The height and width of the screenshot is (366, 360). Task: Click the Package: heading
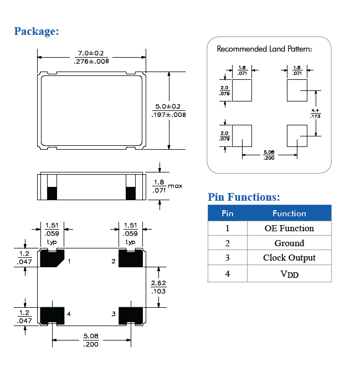37,31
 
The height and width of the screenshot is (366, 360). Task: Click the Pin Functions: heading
244,197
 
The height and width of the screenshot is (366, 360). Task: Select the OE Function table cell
289,228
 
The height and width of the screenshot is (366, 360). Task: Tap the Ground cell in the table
289,243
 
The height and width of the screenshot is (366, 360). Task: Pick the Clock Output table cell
289,258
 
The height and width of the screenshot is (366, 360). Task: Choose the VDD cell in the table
289,273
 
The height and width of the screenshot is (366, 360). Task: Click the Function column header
289,213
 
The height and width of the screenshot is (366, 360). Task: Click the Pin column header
227,213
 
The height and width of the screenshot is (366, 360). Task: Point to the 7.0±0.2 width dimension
91,53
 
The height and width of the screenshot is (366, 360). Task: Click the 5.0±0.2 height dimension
168,106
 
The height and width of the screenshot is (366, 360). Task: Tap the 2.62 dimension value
158,284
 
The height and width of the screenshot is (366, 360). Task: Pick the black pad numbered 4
51,314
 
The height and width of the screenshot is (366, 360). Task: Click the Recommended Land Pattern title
264,49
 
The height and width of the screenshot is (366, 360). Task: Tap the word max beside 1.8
175,186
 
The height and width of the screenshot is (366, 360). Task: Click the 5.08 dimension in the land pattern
269,151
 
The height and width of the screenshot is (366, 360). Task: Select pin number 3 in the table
227,258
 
